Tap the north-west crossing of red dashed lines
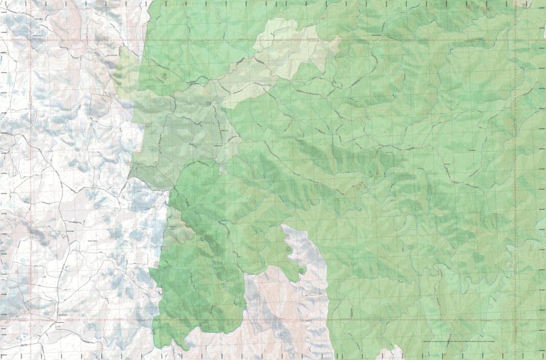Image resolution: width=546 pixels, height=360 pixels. pyautogui.click(x=31, y=40)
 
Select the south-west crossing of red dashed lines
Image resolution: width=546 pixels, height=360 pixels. pyautogui.click(x=31, y=321)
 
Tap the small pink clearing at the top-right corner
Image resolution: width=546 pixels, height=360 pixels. pyautogui.click(x=524, y=3)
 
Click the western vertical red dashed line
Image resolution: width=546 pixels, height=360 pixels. pyautogui.click(x=31, y=179)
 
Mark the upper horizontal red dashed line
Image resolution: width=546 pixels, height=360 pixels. pyautogui.click(x=256, y=40)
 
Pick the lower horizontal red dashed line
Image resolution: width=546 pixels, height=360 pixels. pyautogui.click(x=256, y=321)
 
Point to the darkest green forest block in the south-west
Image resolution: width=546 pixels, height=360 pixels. pyautogui.click(x=204, y=286)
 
